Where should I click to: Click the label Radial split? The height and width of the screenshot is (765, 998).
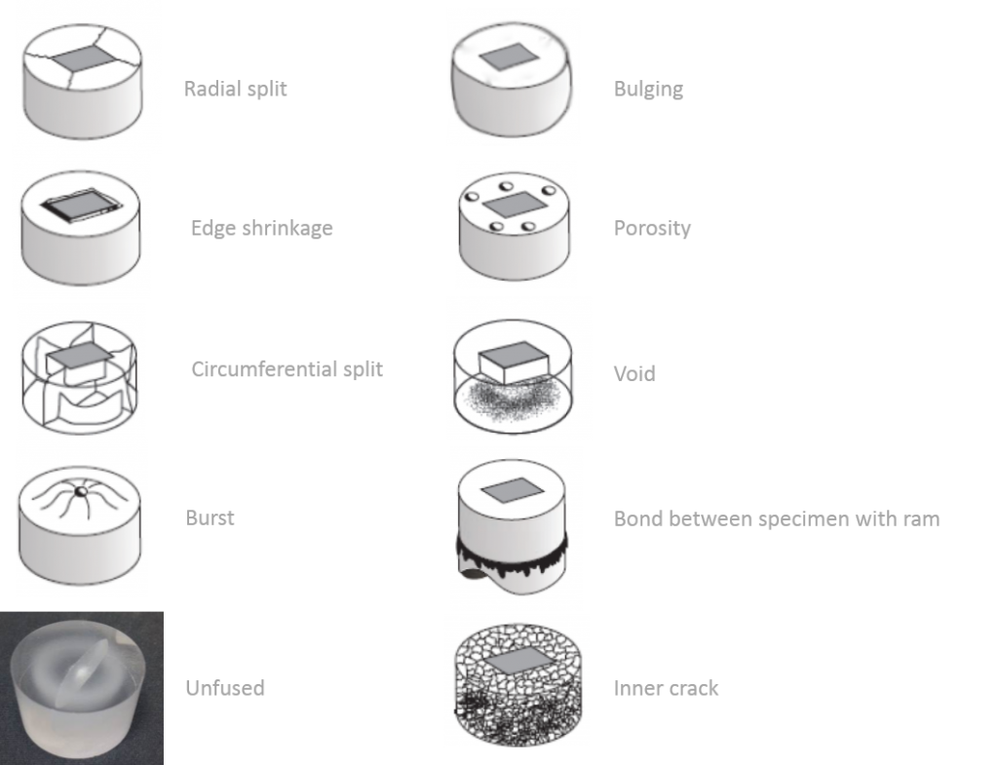tap(236, 89)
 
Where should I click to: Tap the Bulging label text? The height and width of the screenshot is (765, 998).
tap(648, 89)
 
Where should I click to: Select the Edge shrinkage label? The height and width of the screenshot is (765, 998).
tap(261, 228)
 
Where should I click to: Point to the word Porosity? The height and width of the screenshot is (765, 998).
tap(652, 228)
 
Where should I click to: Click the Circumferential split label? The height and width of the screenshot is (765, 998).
tap(288, 369)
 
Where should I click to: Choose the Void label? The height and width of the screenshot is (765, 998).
tap(633, 373)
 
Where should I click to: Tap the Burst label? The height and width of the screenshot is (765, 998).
tap(210, 518)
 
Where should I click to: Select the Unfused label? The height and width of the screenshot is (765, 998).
tap(225, 688)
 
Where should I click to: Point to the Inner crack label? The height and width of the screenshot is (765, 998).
tap(666, 688)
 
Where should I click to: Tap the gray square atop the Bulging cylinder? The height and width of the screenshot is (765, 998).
tap(509, 56)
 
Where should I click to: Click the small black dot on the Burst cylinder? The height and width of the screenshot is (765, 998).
tap(81, 491)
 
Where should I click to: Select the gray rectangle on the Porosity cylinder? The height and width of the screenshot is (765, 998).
tap(516, 205)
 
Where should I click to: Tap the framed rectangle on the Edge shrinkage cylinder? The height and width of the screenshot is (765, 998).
tap(82, 205)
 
